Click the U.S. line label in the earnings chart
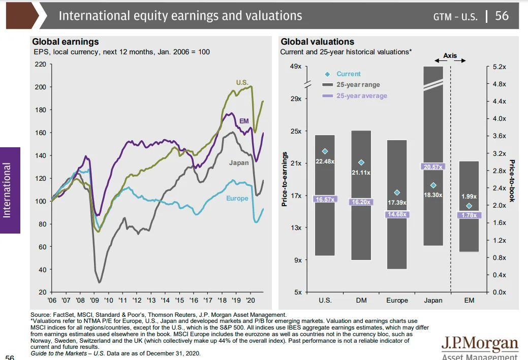click(242, 82)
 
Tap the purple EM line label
click(244, 121)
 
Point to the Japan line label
click(238, 162)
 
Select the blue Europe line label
click(237, 198)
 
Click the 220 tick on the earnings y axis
click(40, 64)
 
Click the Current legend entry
click(348, 74)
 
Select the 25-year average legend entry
click(361, 96)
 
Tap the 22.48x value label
click(325, 161)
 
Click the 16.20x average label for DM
click(361, 202)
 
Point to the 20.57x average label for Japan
click(433, 167)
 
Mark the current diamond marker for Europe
click(397, 193)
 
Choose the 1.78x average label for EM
click(469, 215)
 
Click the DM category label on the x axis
click(361, 301)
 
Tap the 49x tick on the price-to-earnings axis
click(296, 67)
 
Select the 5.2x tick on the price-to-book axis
click(499, 67)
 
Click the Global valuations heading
click(317, 42)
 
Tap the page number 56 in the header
click(502, 16)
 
